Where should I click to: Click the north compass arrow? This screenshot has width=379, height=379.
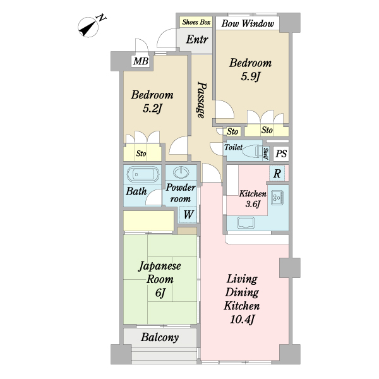pyautogui.click(x=88, y=27)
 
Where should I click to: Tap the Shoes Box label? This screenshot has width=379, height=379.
pyautogui.click(x=196, y=22)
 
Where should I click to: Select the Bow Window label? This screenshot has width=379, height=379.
pyautogui.click(x=248, y=23)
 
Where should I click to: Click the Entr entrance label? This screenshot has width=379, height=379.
pyautogui.click(x=197, y=39)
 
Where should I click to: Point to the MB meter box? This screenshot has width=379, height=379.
pyautogui.click(x=141, y=61)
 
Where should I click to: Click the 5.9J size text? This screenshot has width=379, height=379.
pyautogui.click(x=250, y=76)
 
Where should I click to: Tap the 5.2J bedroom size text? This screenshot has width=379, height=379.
pyautogui.click(x=152, y=109)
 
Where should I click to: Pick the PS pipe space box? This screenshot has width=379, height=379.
pyautogui.click(x=281, y=153)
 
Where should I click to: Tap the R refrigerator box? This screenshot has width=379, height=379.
pyautogui.click(x=277, y=173)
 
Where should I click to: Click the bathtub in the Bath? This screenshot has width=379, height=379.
pyautogui.click(x=143, y=174)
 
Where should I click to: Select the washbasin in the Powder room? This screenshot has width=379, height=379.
pyautogui.click(x=181, y=172)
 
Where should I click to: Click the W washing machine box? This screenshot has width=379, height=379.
pyautogui.click(x=188, y=214)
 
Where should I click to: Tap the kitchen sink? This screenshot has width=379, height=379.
pyautogui.click(x=246, y=222)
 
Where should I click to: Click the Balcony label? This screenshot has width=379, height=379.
pyautogui.click(x=160, y=337)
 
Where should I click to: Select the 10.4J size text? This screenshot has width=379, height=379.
pyautogui.click(x=242, y=320)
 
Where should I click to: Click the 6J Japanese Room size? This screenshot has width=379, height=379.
pyautogui.click(x=160, y=292)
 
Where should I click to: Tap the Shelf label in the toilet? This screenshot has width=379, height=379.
pyautogui.click(x=265, y=153)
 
